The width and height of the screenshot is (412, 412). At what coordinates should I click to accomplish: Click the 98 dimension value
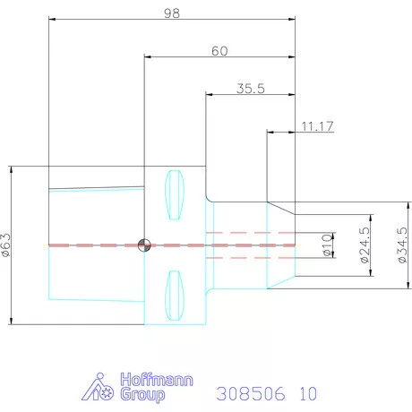(x=172, y=13)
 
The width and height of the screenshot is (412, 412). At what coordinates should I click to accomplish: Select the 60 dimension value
(x=219, y=51)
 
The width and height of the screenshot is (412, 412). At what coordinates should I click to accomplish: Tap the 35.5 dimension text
(x=251, y=89)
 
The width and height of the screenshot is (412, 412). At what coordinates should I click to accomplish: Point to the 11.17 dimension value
(x=317, y=126)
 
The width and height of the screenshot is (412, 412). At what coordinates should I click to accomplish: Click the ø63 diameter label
(x=6, y=245)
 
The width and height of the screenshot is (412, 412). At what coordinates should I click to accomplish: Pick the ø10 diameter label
(x=327, y=245)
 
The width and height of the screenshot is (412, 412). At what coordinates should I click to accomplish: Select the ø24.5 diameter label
(x=365, y=245)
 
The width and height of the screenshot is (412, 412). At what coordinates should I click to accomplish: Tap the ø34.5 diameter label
(x=402, y=245)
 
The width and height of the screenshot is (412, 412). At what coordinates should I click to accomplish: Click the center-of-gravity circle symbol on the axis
(x=144, y=245)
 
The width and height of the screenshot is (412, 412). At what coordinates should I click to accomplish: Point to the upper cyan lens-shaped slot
(x=175, y=194)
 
